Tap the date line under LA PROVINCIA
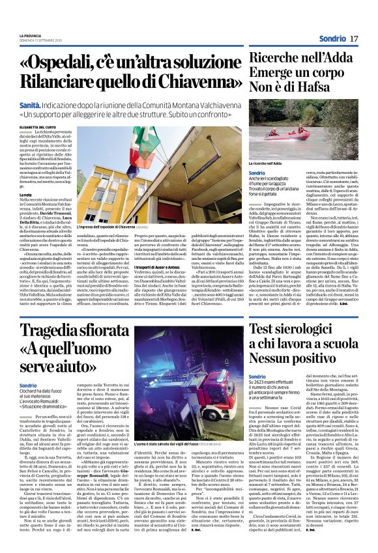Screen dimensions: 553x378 (36, 40)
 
